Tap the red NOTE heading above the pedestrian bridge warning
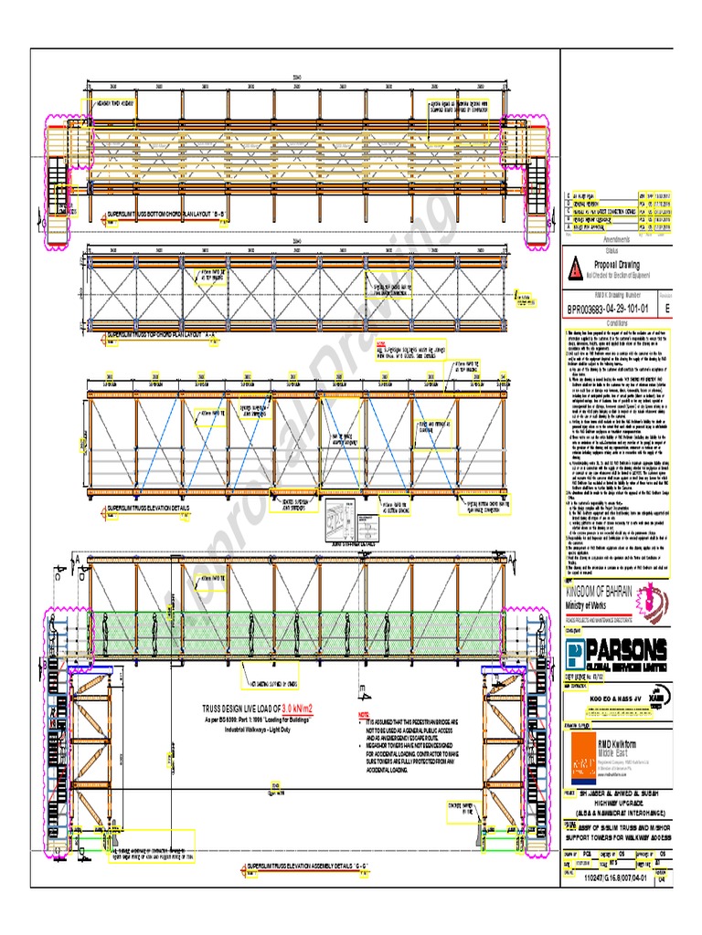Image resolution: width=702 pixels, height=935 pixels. pyautogui.click(x=363, y=714)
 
